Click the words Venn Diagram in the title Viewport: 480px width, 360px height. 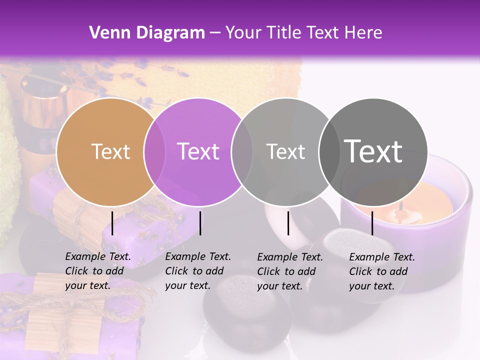(147, 32)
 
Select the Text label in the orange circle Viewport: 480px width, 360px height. (110, 151)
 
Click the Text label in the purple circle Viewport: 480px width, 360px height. (198, 151)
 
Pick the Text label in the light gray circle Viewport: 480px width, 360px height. (285, 151)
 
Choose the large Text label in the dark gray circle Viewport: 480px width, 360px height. (373, 151)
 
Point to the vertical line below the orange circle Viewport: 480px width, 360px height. (112, 223)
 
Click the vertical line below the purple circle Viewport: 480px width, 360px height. (200, 223)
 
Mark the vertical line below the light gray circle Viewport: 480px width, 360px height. (288, 223)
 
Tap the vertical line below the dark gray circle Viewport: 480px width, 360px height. (372, 223)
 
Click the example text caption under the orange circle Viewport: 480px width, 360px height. (98, 271)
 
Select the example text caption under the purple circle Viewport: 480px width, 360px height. (198, 271)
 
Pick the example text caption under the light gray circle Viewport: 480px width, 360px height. (290, 271)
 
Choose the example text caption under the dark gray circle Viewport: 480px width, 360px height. (382, 271)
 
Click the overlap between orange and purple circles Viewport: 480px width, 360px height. (154, 151)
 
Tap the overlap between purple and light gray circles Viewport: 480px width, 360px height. (241, 151)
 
